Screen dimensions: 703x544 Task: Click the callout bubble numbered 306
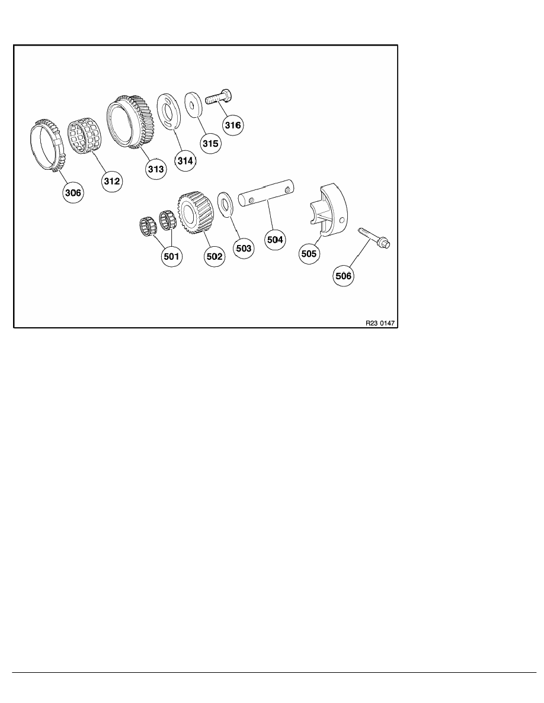(x=74, y=192)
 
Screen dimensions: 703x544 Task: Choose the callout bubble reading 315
(x=210, y=143)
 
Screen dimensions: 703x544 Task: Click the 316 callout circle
(x=232, y=125)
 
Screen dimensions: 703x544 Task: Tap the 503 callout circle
(x=245, y=249)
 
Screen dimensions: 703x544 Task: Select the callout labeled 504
(x=276, y=240)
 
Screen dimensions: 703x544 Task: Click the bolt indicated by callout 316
(x=219, y=98)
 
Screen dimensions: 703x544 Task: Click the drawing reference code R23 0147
(x=380, y=324)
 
